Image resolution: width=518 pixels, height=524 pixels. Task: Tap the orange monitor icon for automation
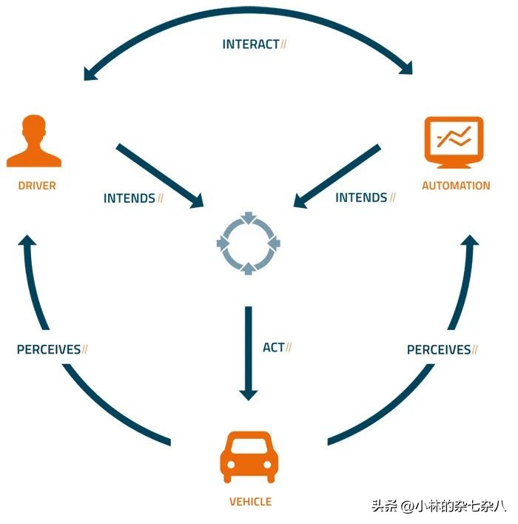pos(454,142)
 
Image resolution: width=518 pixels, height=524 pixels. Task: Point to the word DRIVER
pos(37,185)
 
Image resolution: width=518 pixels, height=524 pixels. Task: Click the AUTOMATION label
pos(456,185)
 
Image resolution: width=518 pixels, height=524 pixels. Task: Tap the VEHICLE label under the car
pos(250,502)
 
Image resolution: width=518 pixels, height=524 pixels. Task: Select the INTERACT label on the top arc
pos(251,44)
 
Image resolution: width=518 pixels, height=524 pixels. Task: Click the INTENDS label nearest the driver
pos(129,198)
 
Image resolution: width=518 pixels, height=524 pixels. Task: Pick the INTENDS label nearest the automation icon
pos(361,198)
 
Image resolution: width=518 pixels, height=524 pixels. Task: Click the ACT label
pos(273,347)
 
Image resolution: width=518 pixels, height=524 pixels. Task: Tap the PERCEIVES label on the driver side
pos(48,349)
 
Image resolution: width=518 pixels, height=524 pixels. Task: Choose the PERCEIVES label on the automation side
pos(439,349)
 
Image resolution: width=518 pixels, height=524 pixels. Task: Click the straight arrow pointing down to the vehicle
pos(249,352)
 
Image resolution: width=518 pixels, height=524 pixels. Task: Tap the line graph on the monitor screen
pos(454,138)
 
